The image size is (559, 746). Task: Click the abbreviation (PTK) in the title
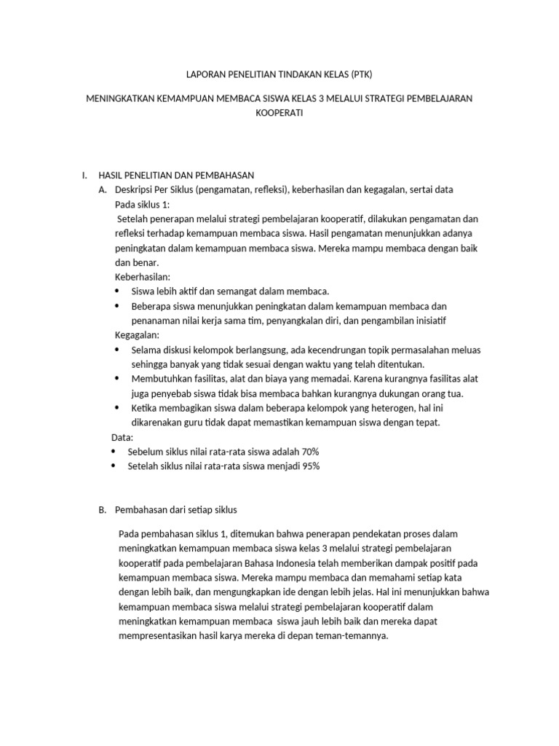[365, 74]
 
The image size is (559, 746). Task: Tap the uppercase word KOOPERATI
[279, 114]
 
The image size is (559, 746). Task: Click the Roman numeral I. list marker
[84, 175]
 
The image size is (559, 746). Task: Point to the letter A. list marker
[103, 189]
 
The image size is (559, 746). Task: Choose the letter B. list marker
[103, 509]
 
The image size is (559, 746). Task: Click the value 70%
[309, 452]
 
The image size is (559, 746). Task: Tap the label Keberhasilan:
[143, 277]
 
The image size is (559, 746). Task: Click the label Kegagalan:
[138, 335]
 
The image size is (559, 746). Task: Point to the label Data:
[121, 437]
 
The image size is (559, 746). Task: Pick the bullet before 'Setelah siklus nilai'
[114, 466]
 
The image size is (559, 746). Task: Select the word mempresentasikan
[156, 636]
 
